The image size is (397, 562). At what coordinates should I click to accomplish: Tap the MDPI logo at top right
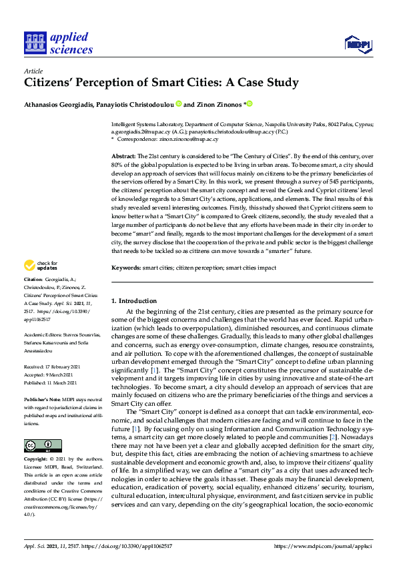pyautogui.click(x=357, y=44)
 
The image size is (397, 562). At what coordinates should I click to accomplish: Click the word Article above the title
pyautogui.click(x=33, y=71)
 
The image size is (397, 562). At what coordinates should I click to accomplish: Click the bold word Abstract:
pyautogui.click(x=123, y=155)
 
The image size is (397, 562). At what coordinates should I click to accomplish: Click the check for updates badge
pyautogui.click(x=41, y=266)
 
